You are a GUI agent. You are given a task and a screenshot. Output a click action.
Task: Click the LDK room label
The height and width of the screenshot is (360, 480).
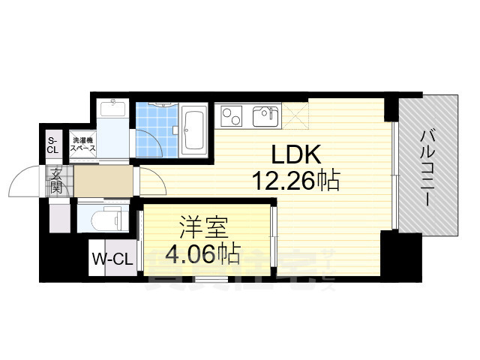pos(296,155)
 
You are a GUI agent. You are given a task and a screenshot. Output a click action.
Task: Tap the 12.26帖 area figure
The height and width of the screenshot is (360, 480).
pos(296,181)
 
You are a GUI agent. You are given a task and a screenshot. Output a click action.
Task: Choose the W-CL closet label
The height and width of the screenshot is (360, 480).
pos(112,259)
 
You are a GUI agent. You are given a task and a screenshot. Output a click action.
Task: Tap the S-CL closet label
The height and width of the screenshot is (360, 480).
pos(52,145)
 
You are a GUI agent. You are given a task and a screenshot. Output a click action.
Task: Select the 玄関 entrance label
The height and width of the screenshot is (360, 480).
pos(58,181)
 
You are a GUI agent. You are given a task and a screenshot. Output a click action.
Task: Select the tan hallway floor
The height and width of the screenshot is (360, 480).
pos(103,181)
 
